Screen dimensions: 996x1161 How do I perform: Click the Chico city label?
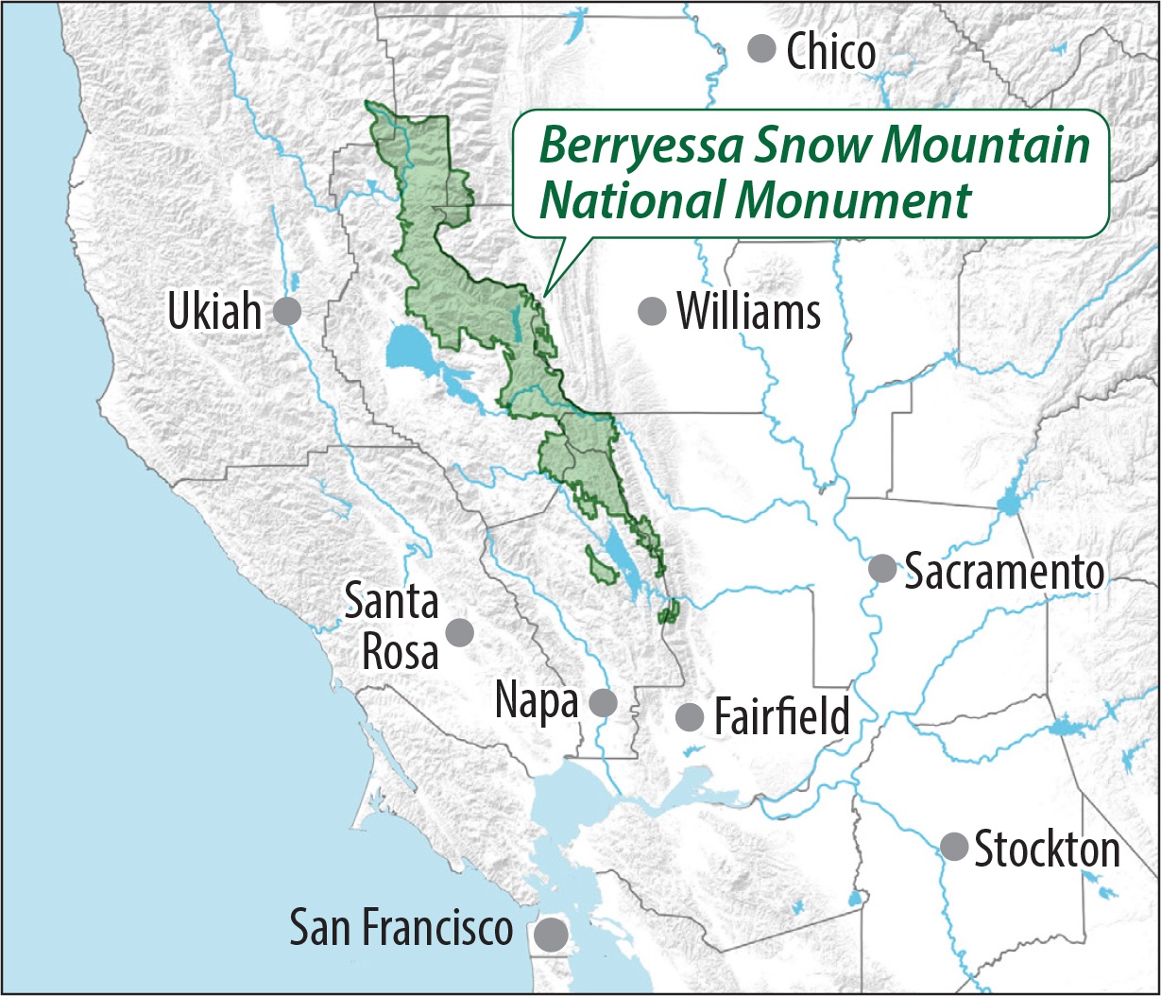[831, 53]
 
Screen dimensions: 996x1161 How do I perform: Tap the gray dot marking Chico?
[761, 47]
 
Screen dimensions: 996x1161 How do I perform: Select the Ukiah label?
[213, 312]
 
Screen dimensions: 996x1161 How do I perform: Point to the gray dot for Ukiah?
[287, 311]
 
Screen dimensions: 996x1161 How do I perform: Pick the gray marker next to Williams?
[652, 310]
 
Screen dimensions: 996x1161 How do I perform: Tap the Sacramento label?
[1004, 571]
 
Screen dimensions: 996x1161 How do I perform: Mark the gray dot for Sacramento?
[881, 568]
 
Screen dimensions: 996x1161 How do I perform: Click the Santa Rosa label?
[391, 627]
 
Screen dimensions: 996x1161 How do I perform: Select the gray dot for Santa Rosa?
[459, 632]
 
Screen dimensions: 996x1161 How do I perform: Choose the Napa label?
[537, 702]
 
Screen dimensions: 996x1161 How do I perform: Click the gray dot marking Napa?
[603, 703]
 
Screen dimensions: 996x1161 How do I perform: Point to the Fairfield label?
[782, 716]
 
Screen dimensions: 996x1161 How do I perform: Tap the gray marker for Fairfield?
[690, 716]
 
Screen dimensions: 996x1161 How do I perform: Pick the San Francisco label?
[401, 927]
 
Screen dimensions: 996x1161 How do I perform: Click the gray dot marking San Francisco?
[551, 935]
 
